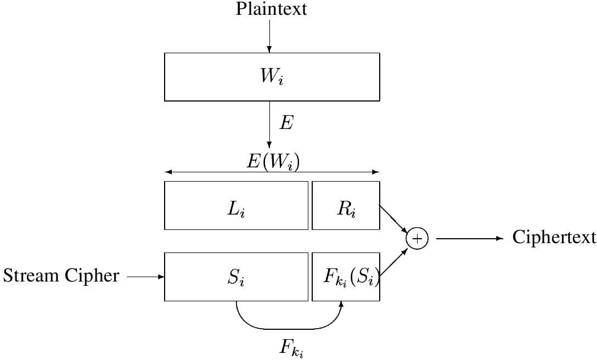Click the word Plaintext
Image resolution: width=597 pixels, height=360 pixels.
[272, 9]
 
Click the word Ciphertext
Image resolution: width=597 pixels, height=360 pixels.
[554, 238]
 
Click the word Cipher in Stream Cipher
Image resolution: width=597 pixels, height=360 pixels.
[92, 276]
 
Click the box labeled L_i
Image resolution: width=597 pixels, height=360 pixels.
[236, 206]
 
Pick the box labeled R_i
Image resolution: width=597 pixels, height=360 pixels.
[345, 206]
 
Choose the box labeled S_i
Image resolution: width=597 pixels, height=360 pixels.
[236, 277]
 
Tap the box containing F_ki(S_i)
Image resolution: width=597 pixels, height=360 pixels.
[345, 277]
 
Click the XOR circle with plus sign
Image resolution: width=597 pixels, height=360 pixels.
[416, 239]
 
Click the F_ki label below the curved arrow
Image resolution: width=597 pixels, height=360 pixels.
[291, 347]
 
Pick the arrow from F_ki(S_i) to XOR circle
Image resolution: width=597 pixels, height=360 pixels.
[393, 262]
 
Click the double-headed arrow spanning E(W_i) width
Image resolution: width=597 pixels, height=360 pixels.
[219, 172]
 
